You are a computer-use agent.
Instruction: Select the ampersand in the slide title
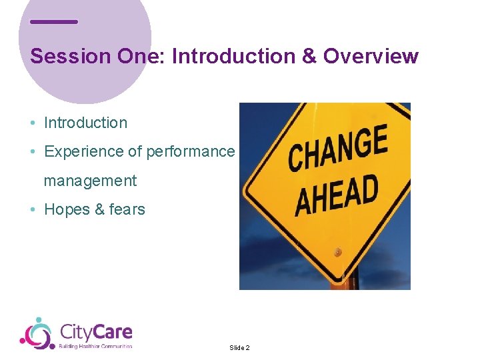(x=309, y=57)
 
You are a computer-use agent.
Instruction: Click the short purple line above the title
(x=54, y=22)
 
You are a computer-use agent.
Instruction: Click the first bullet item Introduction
(x=85, y=123)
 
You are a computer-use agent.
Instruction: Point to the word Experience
(x=84, y=152)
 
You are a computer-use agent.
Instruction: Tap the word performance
(x=190, y=152)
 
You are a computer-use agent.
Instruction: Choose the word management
(x=90, y=181)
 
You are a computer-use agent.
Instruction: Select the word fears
(x=127, y=209)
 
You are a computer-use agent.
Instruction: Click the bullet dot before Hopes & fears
(x=33, y=210)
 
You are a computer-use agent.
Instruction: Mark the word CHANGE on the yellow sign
(x=337, y=149)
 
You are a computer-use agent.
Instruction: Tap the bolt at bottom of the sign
(x=338, y=253)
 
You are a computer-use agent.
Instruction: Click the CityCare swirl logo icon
(x=37, y=333)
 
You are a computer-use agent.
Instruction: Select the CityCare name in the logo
(x=96, y=331)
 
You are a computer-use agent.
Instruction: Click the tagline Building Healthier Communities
(x=96, y=346)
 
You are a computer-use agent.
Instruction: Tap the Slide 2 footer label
(x=239, y=348)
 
